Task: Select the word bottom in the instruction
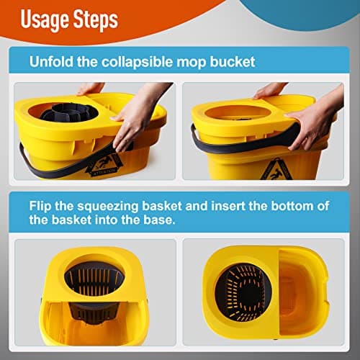click(297, 206)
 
